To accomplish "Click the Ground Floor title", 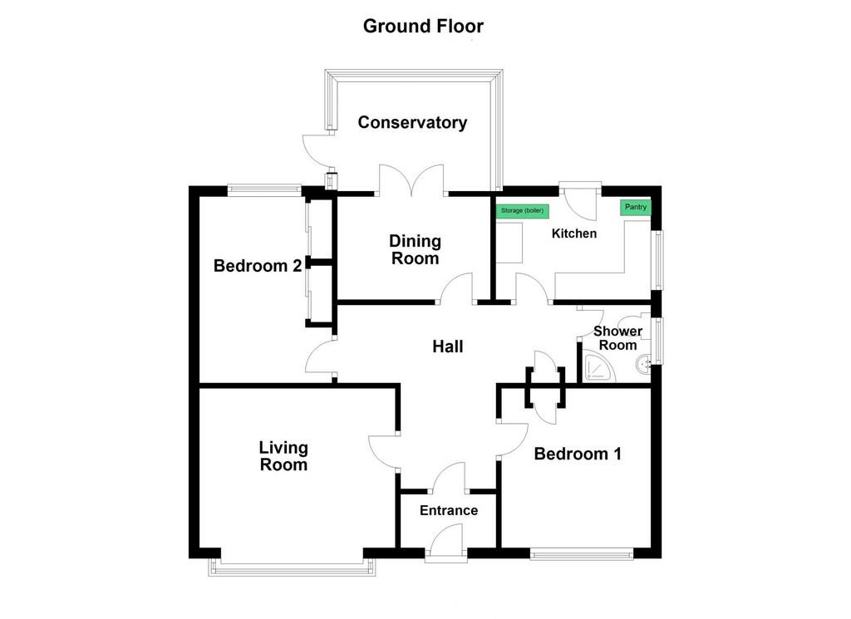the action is coord(423,26).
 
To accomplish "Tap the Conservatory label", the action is coord(412,123).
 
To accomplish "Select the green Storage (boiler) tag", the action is coord(522,211).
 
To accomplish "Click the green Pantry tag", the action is coord(636,207).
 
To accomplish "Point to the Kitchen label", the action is coord(574,233).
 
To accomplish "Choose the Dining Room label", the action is coord(416,249).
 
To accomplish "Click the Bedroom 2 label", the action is coord(258,266).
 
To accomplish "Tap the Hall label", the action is coord(448,346).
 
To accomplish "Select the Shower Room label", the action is coord(617,338).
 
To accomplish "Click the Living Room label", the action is coord(283,456).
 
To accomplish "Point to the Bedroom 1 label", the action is coord(578,454).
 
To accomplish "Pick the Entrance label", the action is coord(449,510).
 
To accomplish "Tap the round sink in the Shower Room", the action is coord(644,364).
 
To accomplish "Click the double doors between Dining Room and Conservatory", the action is coord(412,179).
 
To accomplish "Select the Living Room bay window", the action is coord(292,567).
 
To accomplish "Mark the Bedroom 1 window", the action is coord(581,554).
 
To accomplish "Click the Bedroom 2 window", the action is coord(264,190).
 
